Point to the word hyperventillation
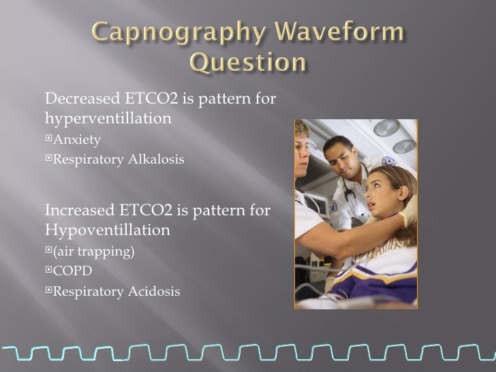click(107, 119)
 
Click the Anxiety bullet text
click(77, 140)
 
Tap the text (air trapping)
click(94, 251)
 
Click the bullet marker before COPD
click(48, 271)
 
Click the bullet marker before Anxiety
click(48, 140)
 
